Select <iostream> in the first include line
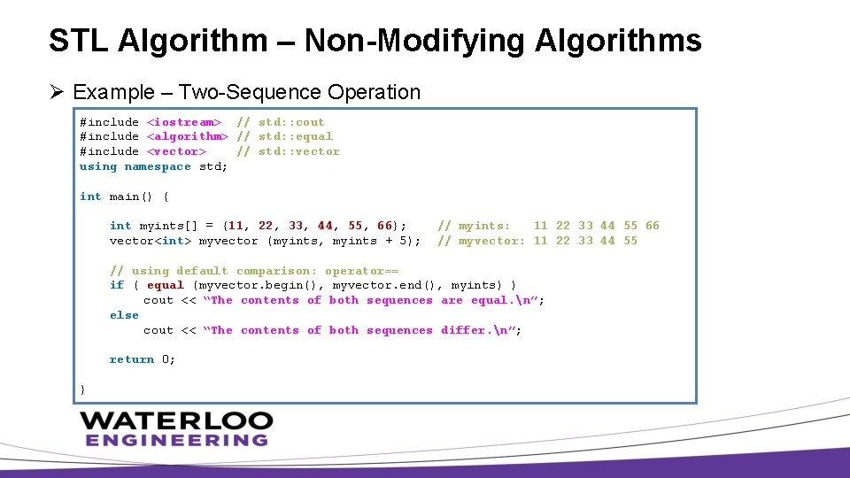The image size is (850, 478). tap(183, 122)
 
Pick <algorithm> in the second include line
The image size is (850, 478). tap(187, 136)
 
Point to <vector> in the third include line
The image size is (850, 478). tap(176, 151)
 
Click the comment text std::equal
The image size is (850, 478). tap(296, 136)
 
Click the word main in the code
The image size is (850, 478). tap(124, 197)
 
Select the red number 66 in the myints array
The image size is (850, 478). tap(384, 226)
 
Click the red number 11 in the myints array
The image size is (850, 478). tap(236, 226)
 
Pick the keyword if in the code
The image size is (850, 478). tap(117, 285)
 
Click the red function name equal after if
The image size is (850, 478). tap(166, 285)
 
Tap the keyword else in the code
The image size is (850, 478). tap(124, 315)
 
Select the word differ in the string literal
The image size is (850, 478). tap(464, 330)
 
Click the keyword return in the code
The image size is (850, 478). tap(132, 359)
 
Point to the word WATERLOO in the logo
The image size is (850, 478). tap(176, 420)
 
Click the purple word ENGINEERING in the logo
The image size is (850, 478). tap(176, 440)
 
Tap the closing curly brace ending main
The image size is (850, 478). tap(83, 389)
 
